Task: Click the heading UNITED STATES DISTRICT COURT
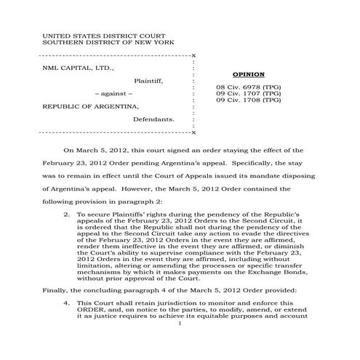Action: [103, 35]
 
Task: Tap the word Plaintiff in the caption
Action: [149, 81]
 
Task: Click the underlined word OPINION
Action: [248, 76]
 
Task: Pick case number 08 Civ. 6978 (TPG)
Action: [248, 87]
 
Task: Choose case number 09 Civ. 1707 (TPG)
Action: [248, 94]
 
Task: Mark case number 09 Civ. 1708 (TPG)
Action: [248, 100]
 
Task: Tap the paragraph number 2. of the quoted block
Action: [67, 216]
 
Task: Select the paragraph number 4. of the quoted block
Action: [67, 300]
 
